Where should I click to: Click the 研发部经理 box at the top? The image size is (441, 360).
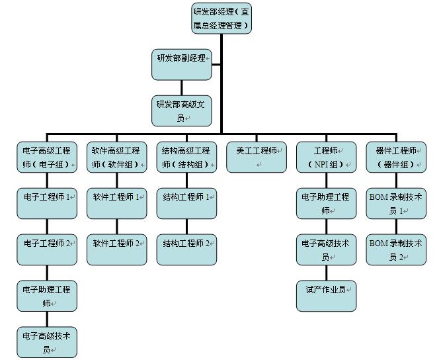pyautogui.click(x=221, y=19)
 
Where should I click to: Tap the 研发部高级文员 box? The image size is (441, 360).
pyautogui.click(x=182, y=111)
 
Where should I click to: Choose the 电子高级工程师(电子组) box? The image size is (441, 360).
pyautogui.click(x=47, y=157)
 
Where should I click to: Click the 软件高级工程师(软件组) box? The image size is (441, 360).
pyautogui.click(x=117, y=157)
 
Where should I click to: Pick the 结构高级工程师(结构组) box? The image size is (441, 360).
pyautogui.click(x=186, y=157)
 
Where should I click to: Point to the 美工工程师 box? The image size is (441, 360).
pyautogui.click(x=257, y=157)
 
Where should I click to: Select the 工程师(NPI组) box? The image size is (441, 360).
pyautogui.click(x=327, y=157)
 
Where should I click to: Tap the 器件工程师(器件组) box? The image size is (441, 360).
pyautogui.click(x=396, y=157)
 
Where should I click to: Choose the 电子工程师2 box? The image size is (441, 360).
pyautogui.click(x=47, y=249)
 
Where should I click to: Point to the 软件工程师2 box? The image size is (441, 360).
pyautogui.click(x=117, y=249)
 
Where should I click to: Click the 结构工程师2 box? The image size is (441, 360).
pyautogui.click(x=186, y=249)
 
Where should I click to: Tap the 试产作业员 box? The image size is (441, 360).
pyautogui.click(x=327, y=296)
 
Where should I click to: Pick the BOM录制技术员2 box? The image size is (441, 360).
pyautogui.click(x=396, y=249)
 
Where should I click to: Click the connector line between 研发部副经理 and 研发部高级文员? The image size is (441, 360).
pyautogui.click(x=182, y=88)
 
